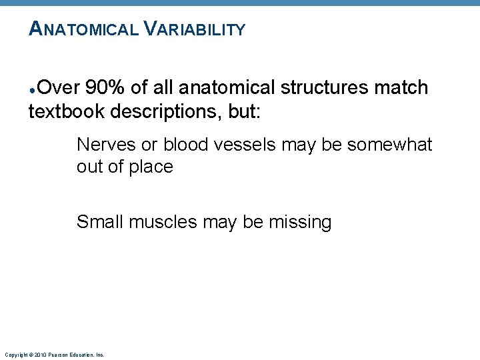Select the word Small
pos(100,222)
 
